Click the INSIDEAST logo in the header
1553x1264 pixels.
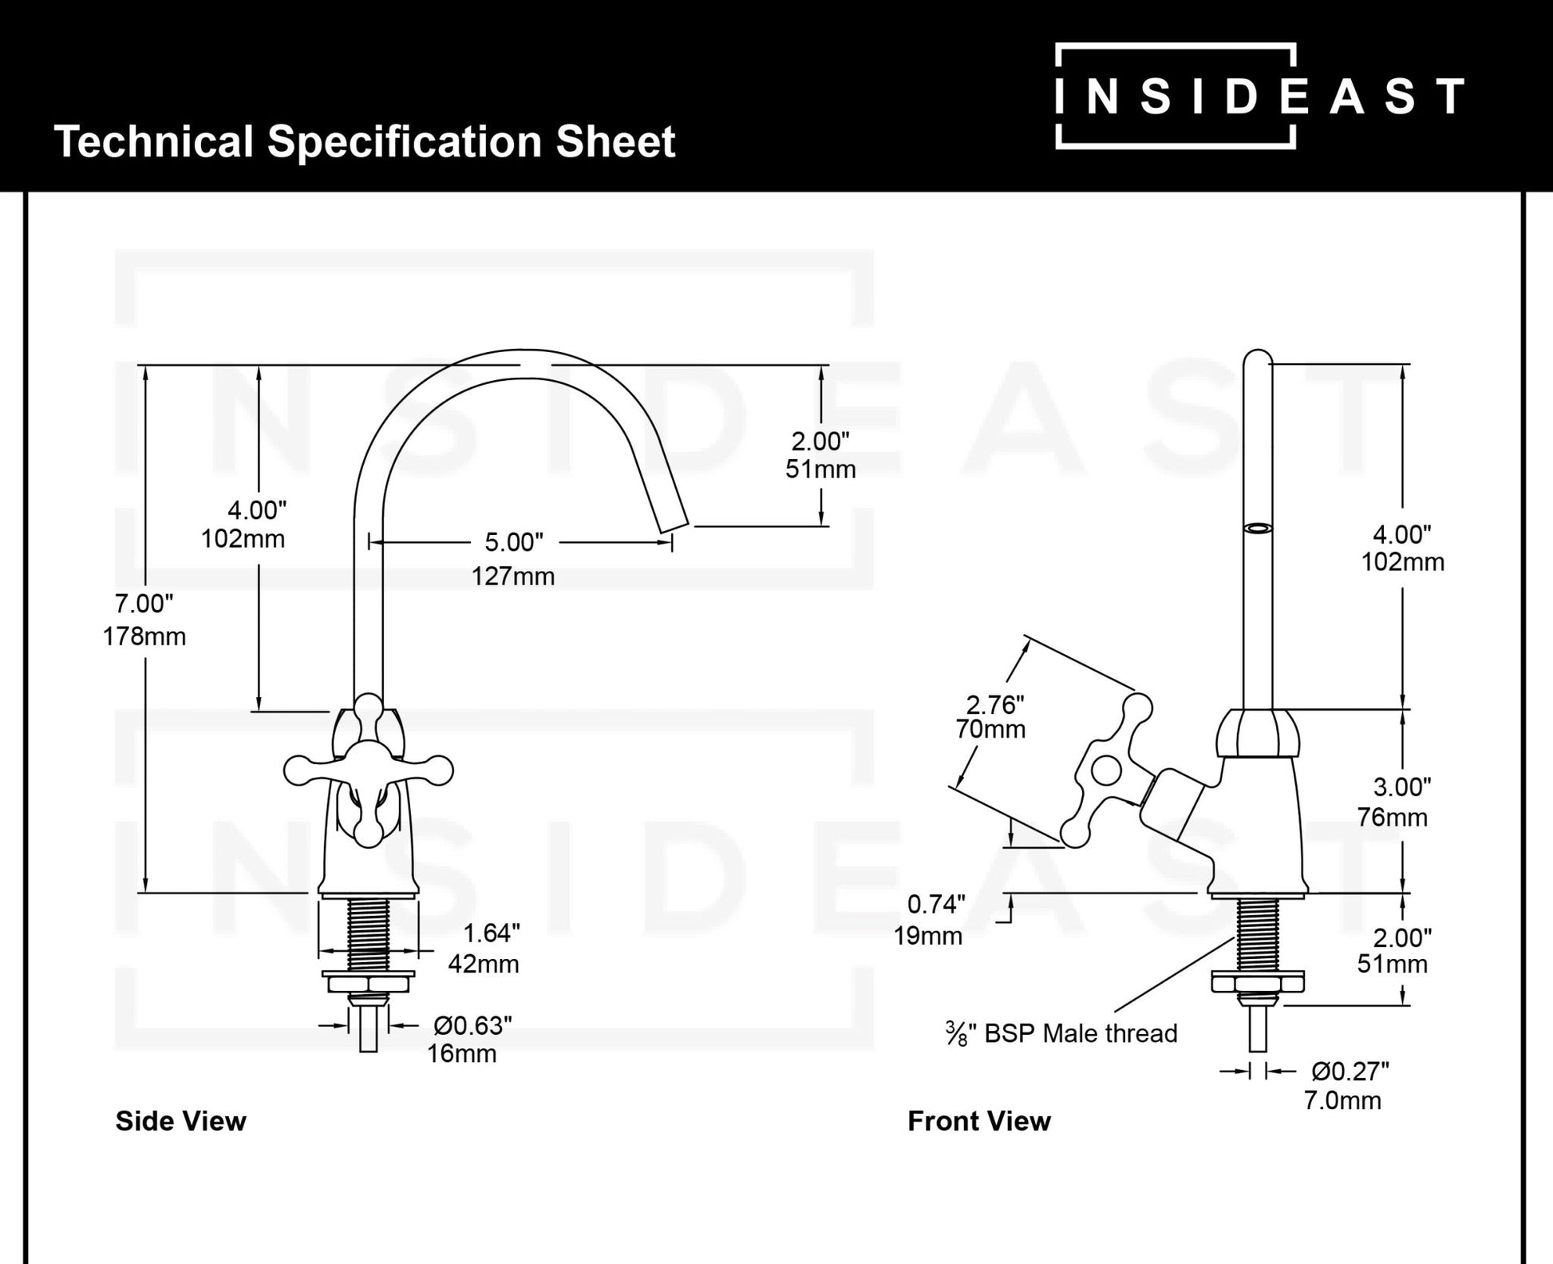[1259, 96]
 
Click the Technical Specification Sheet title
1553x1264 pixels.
[364, 142]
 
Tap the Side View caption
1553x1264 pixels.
[180, 1121]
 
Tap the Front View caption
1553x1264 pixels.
[978, 1121]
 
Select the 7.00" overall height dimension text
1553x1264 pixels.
[144, 604]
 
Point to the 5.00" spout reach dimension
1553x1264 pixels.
[514, 542]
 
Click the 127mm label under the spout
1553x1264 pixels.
[512, 576]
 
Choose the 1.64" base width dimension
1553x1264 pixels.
[492, 932]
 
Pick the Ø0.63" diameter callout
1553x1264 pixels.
[472, 1024]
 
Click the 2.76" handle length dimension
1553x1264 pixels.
[994, 704]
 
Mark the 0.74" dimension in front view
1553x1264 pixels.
[936, 904]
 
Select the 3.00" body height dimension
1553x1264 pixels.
[1401, 787]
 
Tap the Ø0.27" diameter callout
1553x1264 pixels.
[1350, 1071]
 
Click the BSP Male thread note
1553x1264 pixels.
[1061, 1033]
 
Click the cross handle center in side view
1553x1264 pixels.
[369, 770]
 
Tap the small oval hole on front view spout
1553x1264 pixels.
[1258, 528]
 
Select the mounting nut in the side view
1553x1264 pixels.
[368, 982]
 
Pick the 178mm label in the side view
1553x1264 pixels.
[144, 636]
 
